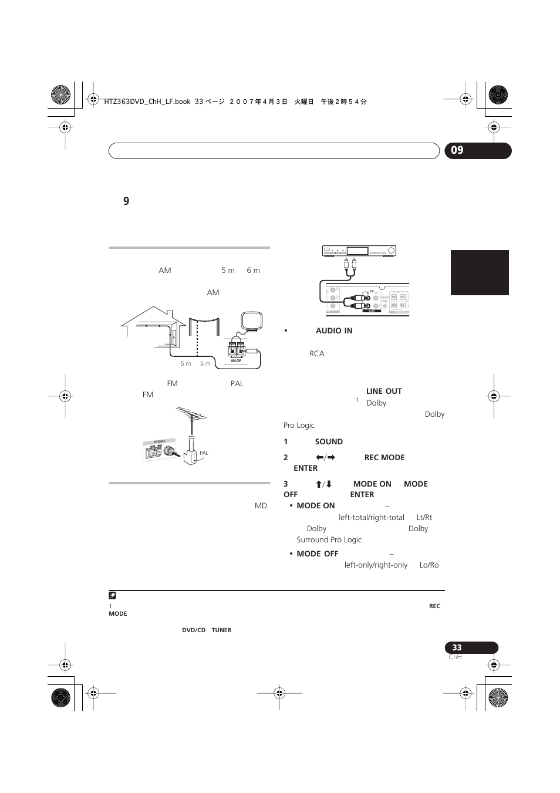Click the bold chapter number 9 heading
[x=126, y=201]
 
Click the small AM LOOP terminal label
[x=236, y=361]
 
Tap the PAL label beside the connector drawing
[x=204, y=453]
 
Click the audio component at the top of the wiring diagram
[x=359, y=251]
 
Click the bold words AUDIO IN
[x=334, y=331]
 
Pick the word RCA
[x=317, y=354]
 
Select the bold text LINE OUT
[x=384, y=392]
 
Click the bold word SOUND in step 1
[x=329, y=442]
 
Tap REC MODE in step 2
[x=384, y=458]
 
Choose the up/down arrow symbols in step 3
[x=324, y=484]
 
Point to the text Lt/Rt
[x=424, y=518]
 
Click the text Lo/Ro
[x=429, y=565]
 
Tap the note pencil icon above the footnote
[x=113, y=596]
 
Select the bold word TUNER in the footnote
[x=221, y=630]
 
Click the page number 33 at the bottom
[x=457, y=647]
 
